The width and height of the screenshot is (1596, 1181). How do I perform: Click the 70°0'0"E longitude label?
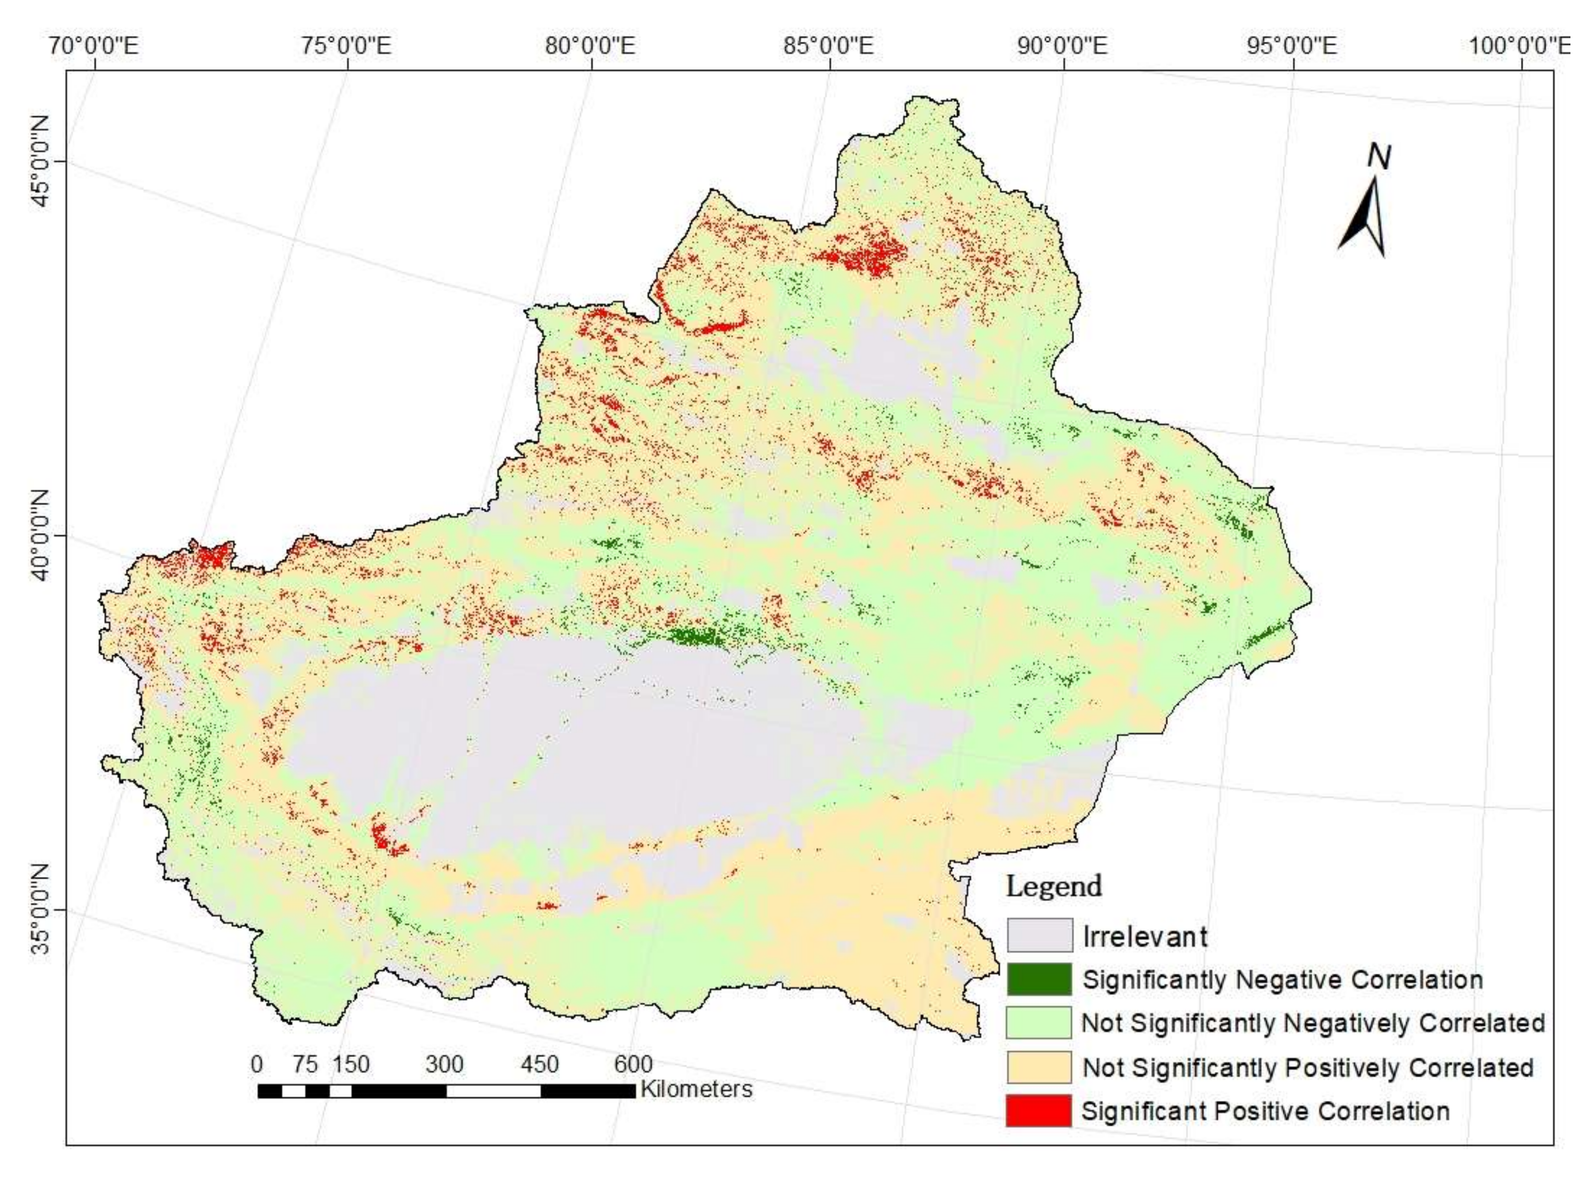[x=94, y=47]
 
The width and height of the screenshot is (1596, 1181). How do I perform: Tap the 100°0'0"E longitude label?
[x=1520, y=47]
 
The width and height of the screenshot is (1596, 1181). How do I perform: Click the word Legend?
[x=1054, y=886]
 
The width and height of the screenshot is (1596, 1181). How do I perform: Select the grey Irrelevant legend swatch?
[x=1039, y=935]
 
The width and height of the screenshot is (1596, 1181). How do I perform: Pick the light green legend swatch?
[x=1039, y=1023]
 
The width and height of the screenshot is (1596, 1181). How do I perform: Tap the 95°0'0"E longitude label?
[x=1293, y=47]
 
